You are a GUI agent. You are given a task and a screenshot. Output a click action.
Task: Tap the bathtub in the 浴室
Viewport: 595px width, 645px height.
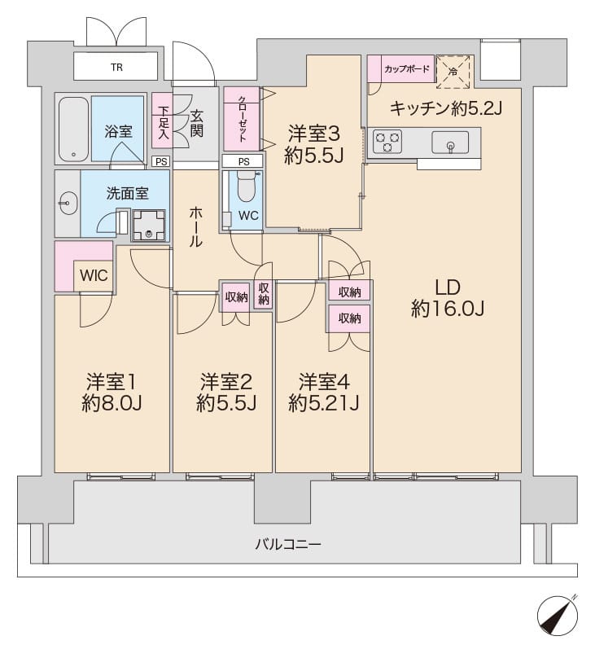72,129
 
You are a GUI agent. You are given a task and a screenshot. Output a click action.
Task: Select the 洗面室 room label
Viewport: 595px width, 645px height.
128,194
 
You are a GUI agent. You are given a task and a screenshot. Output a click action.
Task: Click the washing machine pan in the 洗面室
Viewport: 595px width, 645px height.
149,225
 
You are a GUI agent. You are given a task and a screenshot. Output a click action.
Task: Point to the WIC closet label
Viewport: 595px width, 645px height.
93,275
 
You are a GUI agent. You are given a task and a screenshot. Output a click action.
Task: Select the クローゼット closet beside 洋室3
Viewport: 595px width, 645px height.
242,117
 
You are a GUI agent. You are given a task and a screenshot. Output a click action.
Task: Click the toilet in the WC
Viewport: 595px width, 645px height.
246,190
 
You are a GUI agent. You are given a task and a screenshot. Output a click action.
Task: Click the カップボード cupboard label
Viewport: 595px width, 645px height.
405,69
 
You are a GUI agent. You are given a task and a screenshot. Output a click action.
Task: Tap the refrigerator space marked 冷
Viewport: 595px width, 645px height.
453,71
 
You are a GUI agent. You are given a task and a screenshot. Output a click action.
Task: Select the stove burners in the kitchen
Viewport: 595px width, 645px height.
386,143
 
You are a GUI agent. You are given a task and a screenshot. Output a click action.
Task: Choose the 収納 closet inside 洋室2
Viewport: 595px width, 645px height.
237,297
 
